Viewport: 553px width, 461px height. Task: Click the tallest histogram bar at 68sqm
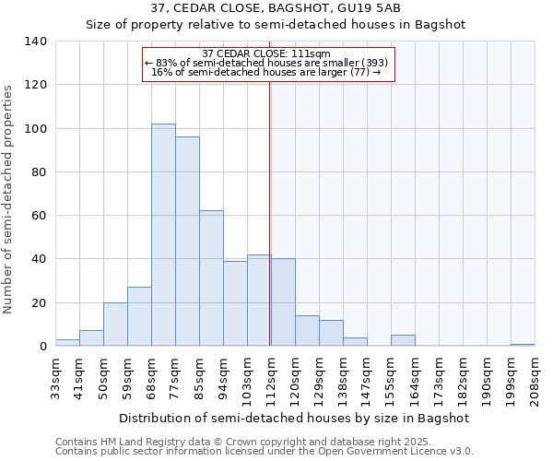click(163, 235)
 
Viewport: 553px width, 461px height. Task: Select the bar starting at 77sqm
click(187, 242)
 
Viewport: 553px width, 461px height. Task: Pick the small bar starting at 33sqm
click(67, 343)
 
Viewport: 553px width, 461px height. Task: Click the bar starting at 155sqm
click(403, 341)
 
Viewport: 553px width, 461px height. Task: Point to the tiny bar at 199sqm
click(523, 345)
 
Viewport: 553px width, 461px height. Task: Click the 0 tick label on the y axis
click(42, 347)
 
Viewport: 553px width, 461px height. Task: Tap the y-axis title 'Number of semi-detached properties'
click(8, 198)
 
